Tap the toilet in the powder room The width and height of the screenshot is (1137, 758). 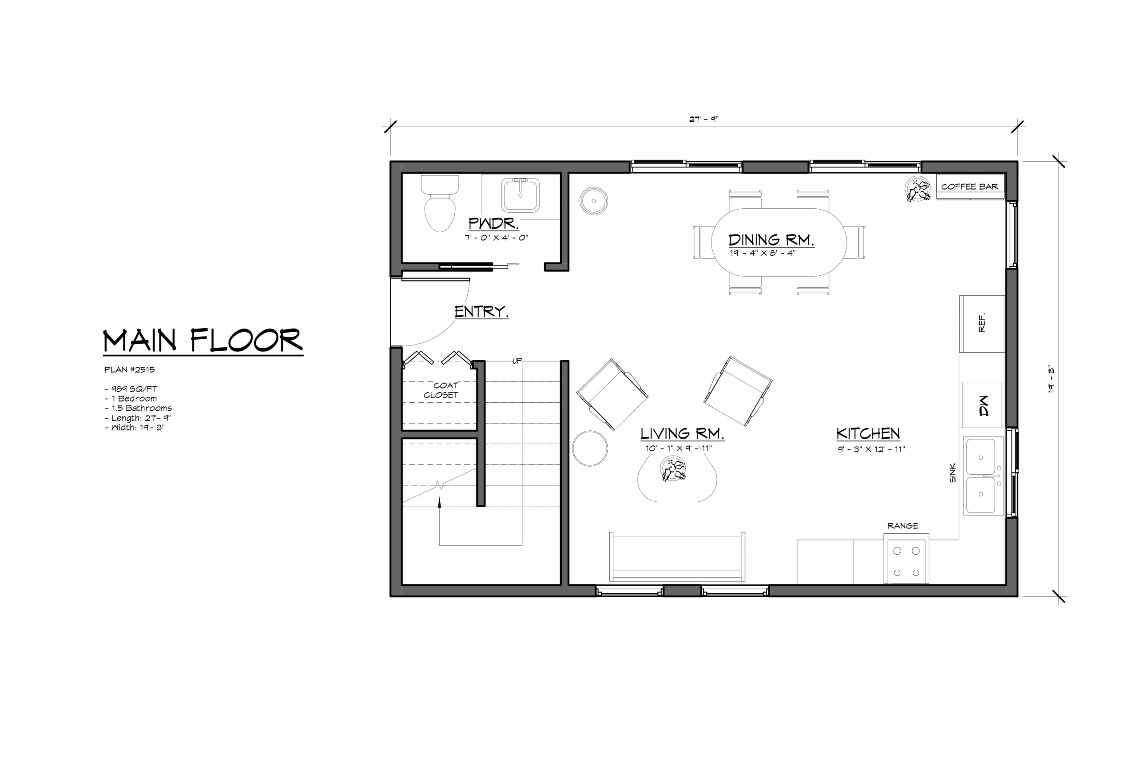tap(440, 203)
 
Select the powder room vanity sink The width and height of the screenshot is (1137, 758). tap(520, 195)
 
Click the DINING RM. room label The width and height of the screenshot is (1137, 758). tap(771, 240)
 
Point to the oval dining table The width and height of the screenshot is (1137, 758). tap(779, 242)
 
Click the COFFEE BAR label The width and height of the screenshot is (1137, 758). tap(969, 187)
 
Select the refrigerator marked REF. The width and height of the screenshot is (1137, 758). tap(982, 323)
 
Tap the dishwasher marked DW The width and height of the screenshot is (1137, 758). tap(982, 405)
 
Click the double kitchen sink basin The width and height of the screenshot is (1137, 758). tap(984, 476)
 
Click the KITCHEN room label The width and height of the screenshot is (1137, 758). tap(868, 434)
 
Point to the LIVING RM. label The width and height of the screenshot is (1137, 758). tap(682, 434)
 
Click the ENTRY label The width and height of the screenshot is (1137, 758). tap(481, 312)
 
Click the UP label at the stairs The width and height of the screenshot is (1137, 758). tap(517, 361)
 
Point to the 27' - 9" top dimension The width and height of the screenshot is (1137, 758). tap(704, 119)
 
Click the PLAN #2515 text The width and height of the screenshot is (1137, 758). tap(130, 369)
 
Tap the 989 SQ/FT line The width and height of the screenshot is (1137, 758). tap(131, 389)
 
